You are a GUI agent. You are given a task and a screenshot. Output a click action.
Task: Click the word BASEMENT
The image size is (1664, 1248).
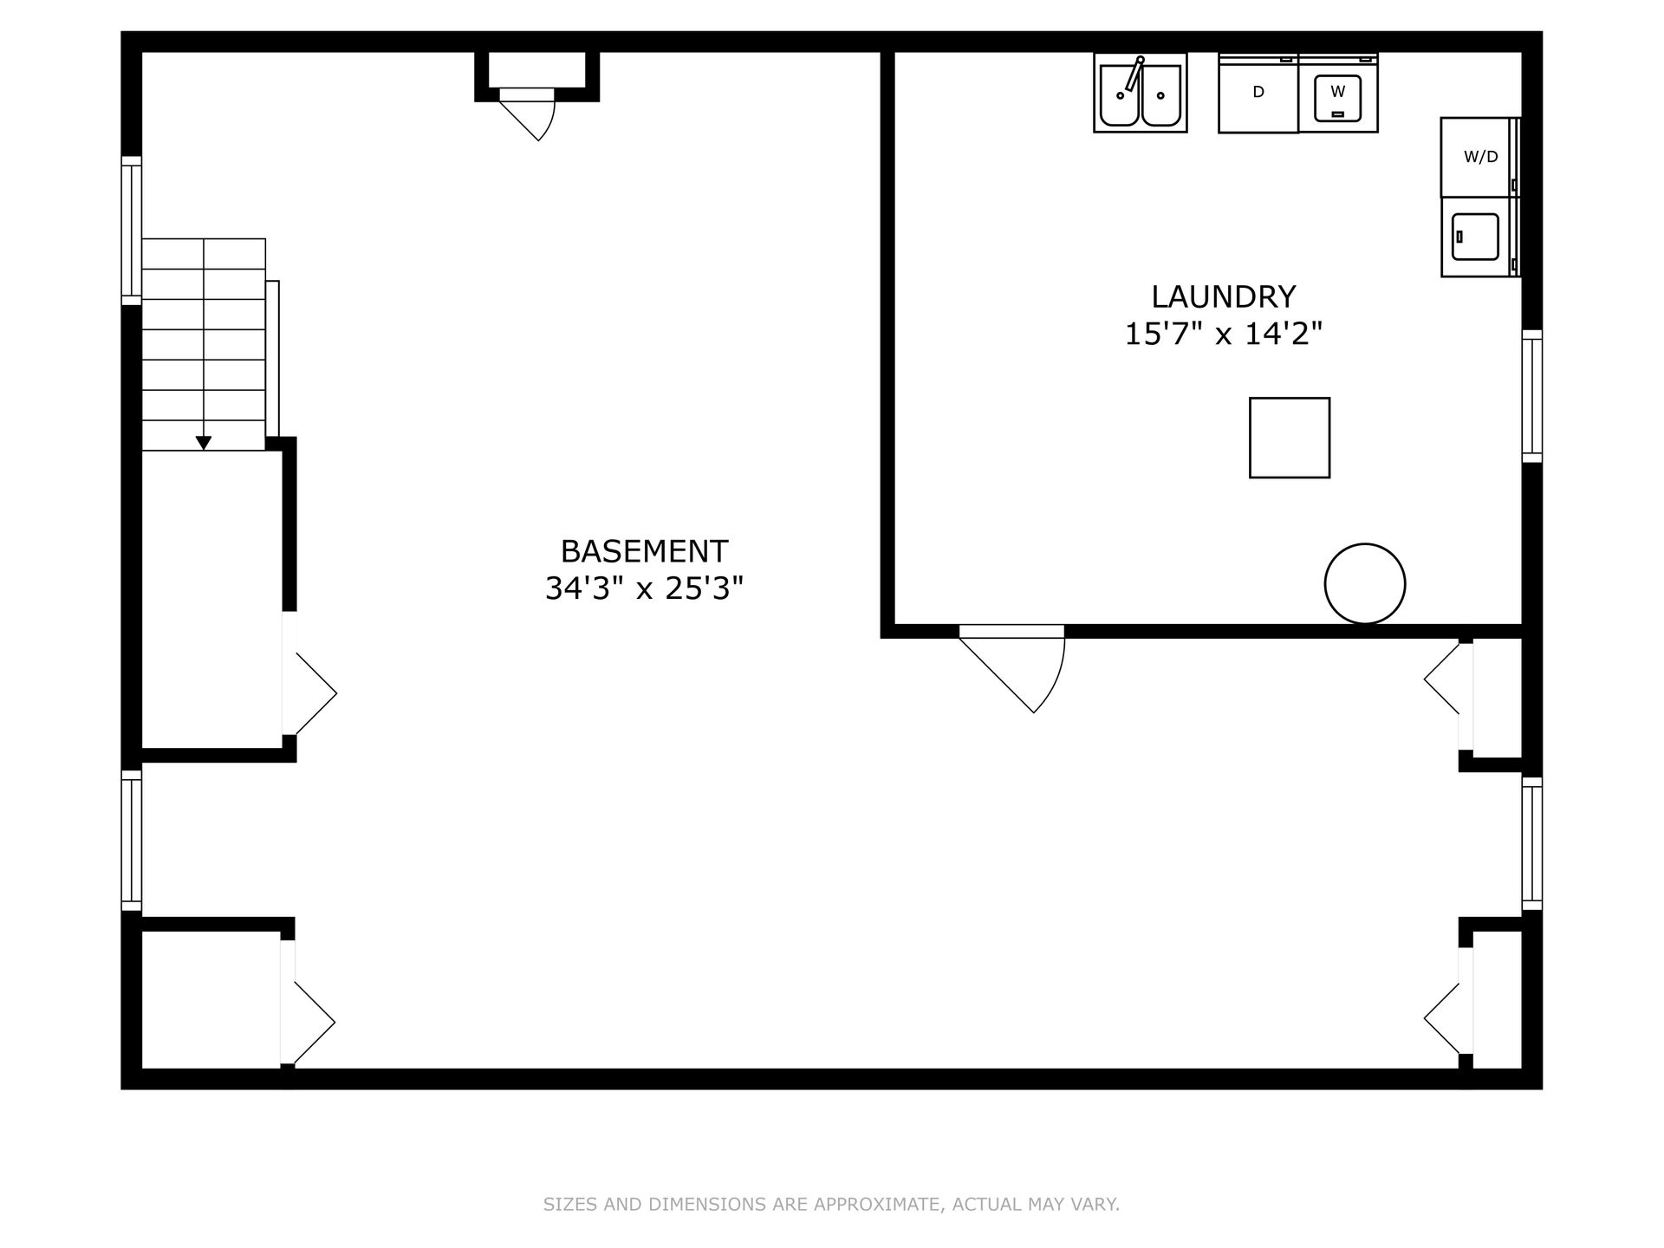click(644, 551)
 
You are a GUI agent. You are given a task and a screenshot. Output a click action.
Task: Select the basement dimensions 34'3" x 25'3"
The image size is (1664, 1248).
click(644, 588)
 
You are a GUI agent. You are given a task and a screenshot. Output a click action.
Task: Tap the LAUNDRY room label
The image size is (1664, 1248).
click(1223, 296)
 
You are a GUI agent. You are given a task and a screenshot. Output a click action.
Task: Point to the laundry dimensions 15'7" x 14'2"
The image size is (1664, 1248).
click(1223, 334)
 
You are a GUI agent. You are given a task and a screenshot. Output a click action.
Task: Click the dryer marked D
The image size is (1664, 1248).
click(1258, 93)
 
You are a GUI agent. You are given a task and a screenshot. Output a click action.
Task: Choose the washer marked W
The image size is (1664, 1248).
click(1338, 93)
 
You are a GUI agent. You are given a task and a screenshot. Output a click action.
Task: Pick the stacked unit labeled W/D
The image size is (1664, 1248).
click(1480, 157)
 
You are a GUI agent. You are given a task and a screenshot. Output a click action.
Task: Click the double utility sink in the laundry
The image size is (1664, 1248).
click(1141, 93)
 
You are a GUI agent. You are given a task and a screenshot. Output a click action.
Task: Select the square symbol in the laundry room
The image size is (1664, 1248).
click(1290, 438)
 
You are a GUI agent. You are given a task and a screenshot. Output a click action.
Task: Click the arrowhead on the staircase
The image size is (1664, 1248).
click(204, 443)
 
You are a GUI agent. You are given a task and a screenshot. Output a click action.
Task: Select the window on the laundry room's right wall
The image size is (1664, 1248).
click(1532, 396)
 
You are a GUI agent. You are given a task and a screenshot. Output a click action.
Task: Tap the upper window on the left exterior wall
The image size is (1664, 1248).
click(131, 231)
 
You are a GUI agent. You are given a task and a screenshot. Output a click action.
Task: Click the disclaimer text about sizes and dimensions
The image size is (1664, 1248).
click(831, 1204)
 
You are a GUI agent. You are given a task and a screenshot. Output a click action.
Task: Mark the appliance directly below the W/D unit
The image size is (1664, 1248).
click(1480, 237)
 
